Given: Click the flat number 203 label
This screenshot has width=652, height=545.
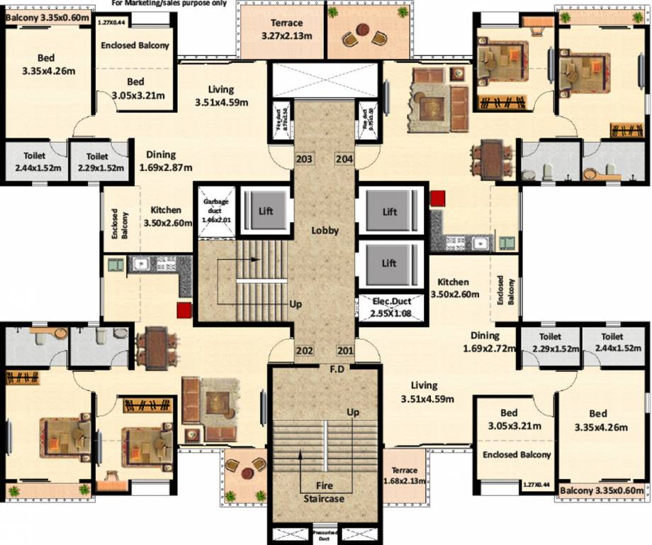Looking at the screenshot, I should [305, 159].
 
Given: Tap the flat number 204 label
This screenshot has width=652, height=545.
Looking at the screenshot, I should [344, 159].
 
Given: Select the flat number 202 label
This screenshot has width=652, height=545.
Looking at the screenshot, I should [305, 351].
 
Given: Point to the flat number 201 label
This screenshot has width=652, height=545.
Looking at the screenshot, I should [344, 351].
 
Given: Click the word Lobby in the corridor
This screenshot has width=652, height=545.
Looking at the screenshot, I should [325, 231].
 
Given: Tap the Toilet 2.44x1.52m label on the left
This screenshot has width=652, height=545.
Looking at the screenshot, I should [34, 162].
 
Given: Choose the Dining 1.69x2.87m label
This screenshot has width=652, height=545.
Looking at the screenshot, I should [161, 161].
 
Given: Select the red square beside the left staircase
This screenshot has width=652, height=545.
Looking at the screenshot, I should [185, 309].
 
